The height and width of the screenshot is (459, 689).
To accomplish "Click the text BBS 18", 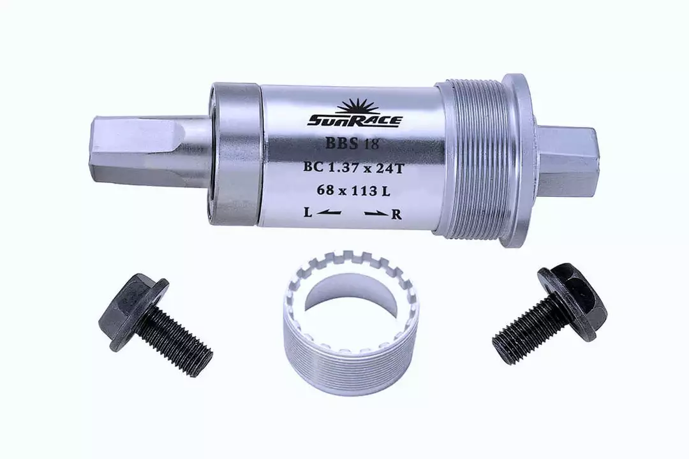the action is coord(352,143).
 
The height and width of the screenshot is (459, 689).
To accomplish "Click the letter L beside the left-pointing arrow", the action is coord(309,213).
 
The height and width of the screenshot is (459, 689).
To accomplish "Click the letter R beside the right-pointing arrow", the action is coord(396,214).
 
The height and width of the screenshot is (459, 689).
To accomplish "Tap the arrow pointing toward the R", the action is coord(376,214).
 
